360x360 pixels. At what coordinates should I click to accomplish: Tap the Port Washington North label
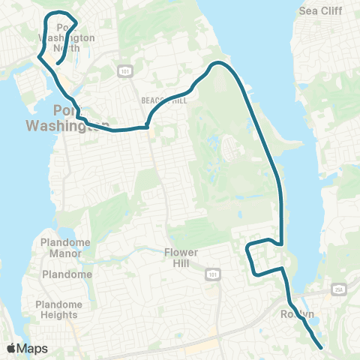click(66, 37)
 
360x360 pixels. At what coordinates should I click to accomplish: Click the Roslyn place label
click(297, 314)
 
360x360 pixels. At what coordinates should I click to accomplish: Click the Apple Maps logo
click(27, 349)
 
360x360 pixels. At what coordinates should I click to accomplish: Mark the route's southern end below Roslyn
click(322, 347)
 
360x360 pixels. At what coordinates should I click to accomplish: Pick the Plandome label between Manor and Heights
click(67, 274)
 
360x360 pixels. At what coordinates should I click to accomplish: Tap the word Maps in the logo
click(33, 349)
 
